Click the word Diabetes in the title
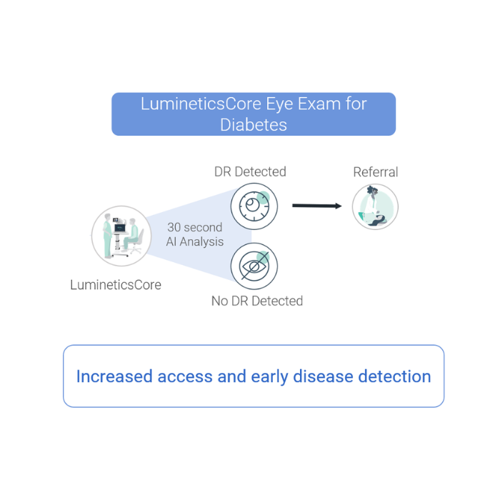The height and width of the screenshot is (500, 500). click(254, 124)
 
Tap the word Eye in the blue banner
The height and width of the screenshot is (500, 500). click(279, 104)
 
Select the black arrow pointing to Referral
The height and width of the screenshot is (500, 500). click(317, 206)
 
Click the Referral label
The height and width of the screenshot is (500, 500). click(375, 172)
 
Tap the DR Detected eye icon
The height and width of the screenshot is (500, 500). click(254, 206)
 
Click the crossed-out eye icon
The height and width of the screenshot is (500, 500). click(254, 266)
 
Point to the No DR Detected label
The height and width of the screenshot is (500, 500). click(257, 301)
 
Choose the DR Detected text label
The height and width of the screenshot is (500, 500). click(250, 172)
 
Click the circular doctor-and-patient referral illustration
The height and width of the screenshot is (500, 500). click(375, 206)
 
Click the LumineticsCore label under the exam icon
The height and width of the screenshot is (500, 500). click(116, 284)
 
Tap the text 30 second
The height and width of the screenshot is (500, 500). click(194, 227)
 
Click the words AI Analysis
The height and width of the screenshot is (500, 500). click(194, 241)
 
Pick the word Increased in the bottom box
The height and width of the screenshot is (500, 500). click(114, 376)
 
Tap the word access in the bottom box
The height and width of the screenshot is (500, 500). click(186, 376)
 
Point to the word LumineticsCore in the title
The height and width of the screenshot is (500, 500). click(201, 104)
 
